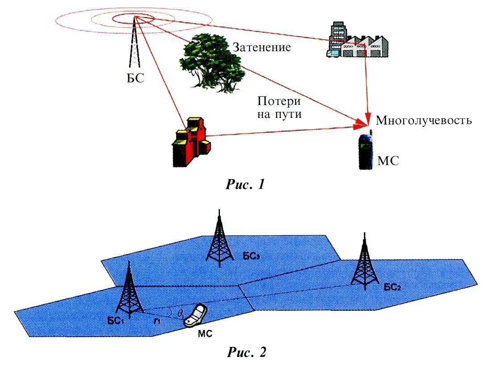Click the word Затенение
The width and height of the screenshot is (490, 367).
point(261,47)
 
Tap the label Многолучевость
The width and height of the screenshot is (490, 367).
point(423,121)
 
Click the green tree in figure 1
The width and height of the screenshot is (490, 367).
point(210,63)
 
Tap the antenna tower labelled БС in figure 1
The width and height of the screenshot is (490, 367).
point(135,45)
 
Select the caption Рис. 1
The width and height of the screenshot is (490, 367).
point(245,184)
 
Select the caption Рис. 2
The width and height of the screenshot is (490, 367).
point(246,352)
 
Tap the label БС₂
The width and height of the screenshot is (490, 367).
point(392,286)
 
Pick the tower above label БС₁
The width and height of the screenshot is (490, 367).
point(129,292)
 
